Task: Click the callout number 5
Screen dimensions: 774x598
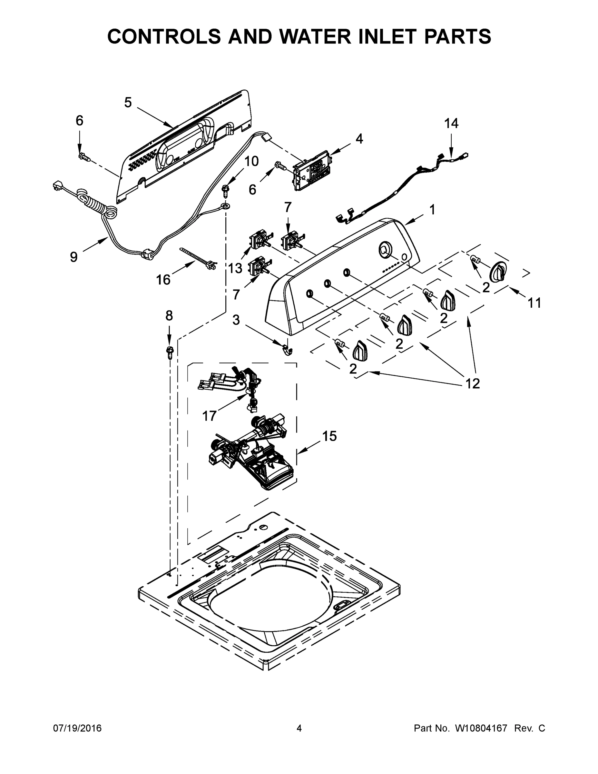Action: [128, 103]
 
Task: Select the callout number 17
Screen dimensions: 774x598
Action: [209, 415]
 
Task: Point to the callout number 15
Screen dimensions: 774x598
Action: [329, 436]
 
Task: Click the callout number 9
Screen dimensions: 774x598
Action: [74, 256]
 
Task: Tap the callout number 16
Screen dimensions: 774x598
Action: [163, 280]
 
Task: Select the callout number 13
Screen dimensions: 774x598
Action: [235, 268]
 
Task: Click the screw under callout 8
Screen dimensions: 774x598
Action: [170, 352]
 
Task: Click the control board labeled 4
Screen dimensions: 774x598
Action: [312, 171]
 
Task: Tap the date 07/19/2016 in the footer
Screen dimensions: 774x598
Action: [77, 728]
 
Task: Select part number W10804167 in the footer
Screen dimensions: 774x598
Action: [481, 728]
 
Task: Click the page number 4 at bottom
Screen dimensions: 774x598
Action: [299, 728]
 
